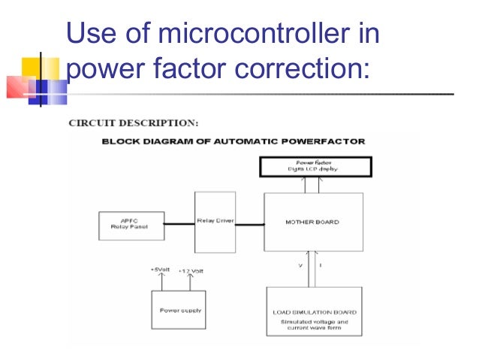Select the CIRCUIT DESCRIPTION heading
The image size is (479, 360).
(x=133, y=122)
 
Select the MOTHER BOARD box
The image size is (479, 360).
(x=313, y=222)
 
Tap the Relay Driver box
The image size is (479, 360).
(x=215, y=222)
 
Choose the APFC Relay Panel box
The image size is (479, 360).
(x=131, y=225)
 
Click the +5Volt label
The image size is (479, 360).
(x=161, y=269)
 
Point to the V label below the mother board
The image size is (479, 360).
(x=300, y=265)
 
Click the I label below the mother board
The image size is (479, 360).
(x=321, y=265)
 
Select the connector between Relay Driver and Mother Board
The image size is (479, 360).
(x=249, y=222)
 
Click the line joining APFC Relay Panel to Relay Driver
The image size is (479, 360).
(x=179, y=222)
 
